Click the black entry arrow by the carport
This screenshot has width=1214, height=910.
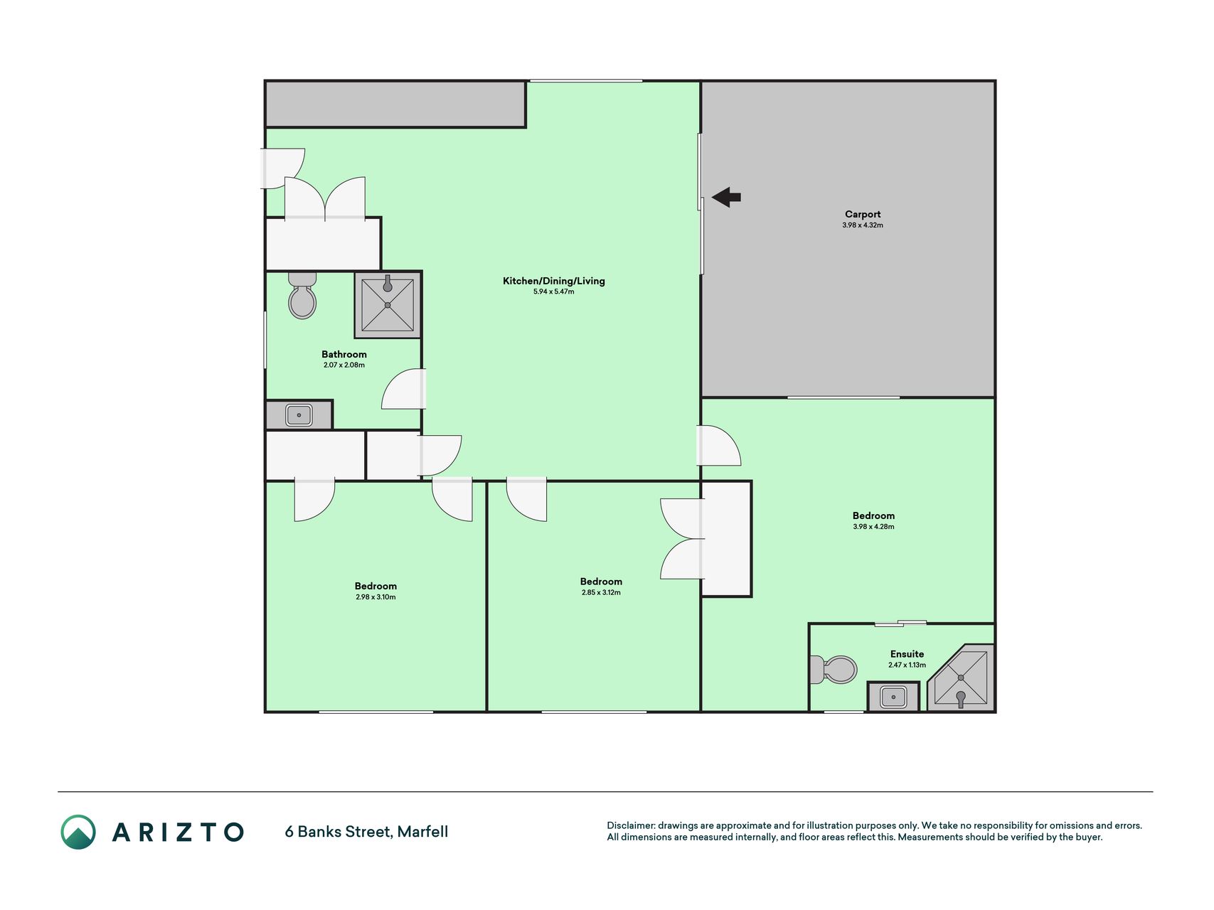coord(726,197)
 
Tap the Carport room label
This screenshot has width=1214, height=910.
coord(863,214)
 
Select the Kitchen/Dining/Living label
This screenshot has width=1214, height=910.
coord(554,281)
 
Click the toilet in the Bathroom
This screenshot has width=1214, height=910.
coord(302,295)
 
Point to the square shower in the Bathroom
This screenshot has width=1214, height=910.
coord(388,304)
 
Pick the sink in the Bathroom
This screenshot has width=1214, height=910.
coord(299,415)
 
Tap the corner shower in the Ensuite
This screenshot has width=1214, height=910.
coord(961,678)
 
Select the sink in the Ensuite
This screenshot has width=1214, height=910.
coord(893,697)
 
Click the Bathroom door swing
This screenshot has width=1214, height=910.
coord(403,389)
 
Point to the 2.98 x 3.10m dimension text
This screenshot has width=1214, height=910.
coord(376,597)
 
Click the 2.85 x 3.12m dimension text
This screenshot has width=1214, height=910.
coord(601,592)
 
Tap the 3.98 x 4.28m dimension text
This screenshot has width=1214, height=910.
coord(873,527)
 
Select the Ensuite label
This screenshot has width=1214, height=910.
coord(907,654)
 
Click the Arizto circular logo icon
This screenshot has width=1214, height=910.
coord(78,832)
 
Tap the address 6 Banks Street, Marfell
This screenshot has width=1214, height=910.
coord(366,832)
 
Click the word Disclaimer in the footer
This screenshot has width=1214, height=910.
coord(630,825)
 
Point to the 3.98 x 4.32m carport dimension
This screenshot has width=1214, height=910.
coord(863,225)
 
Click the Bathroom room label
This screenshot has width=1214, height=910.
coord(344,354)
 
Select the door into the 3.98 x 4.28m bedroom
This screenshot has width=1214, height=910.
coord(719,446)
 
